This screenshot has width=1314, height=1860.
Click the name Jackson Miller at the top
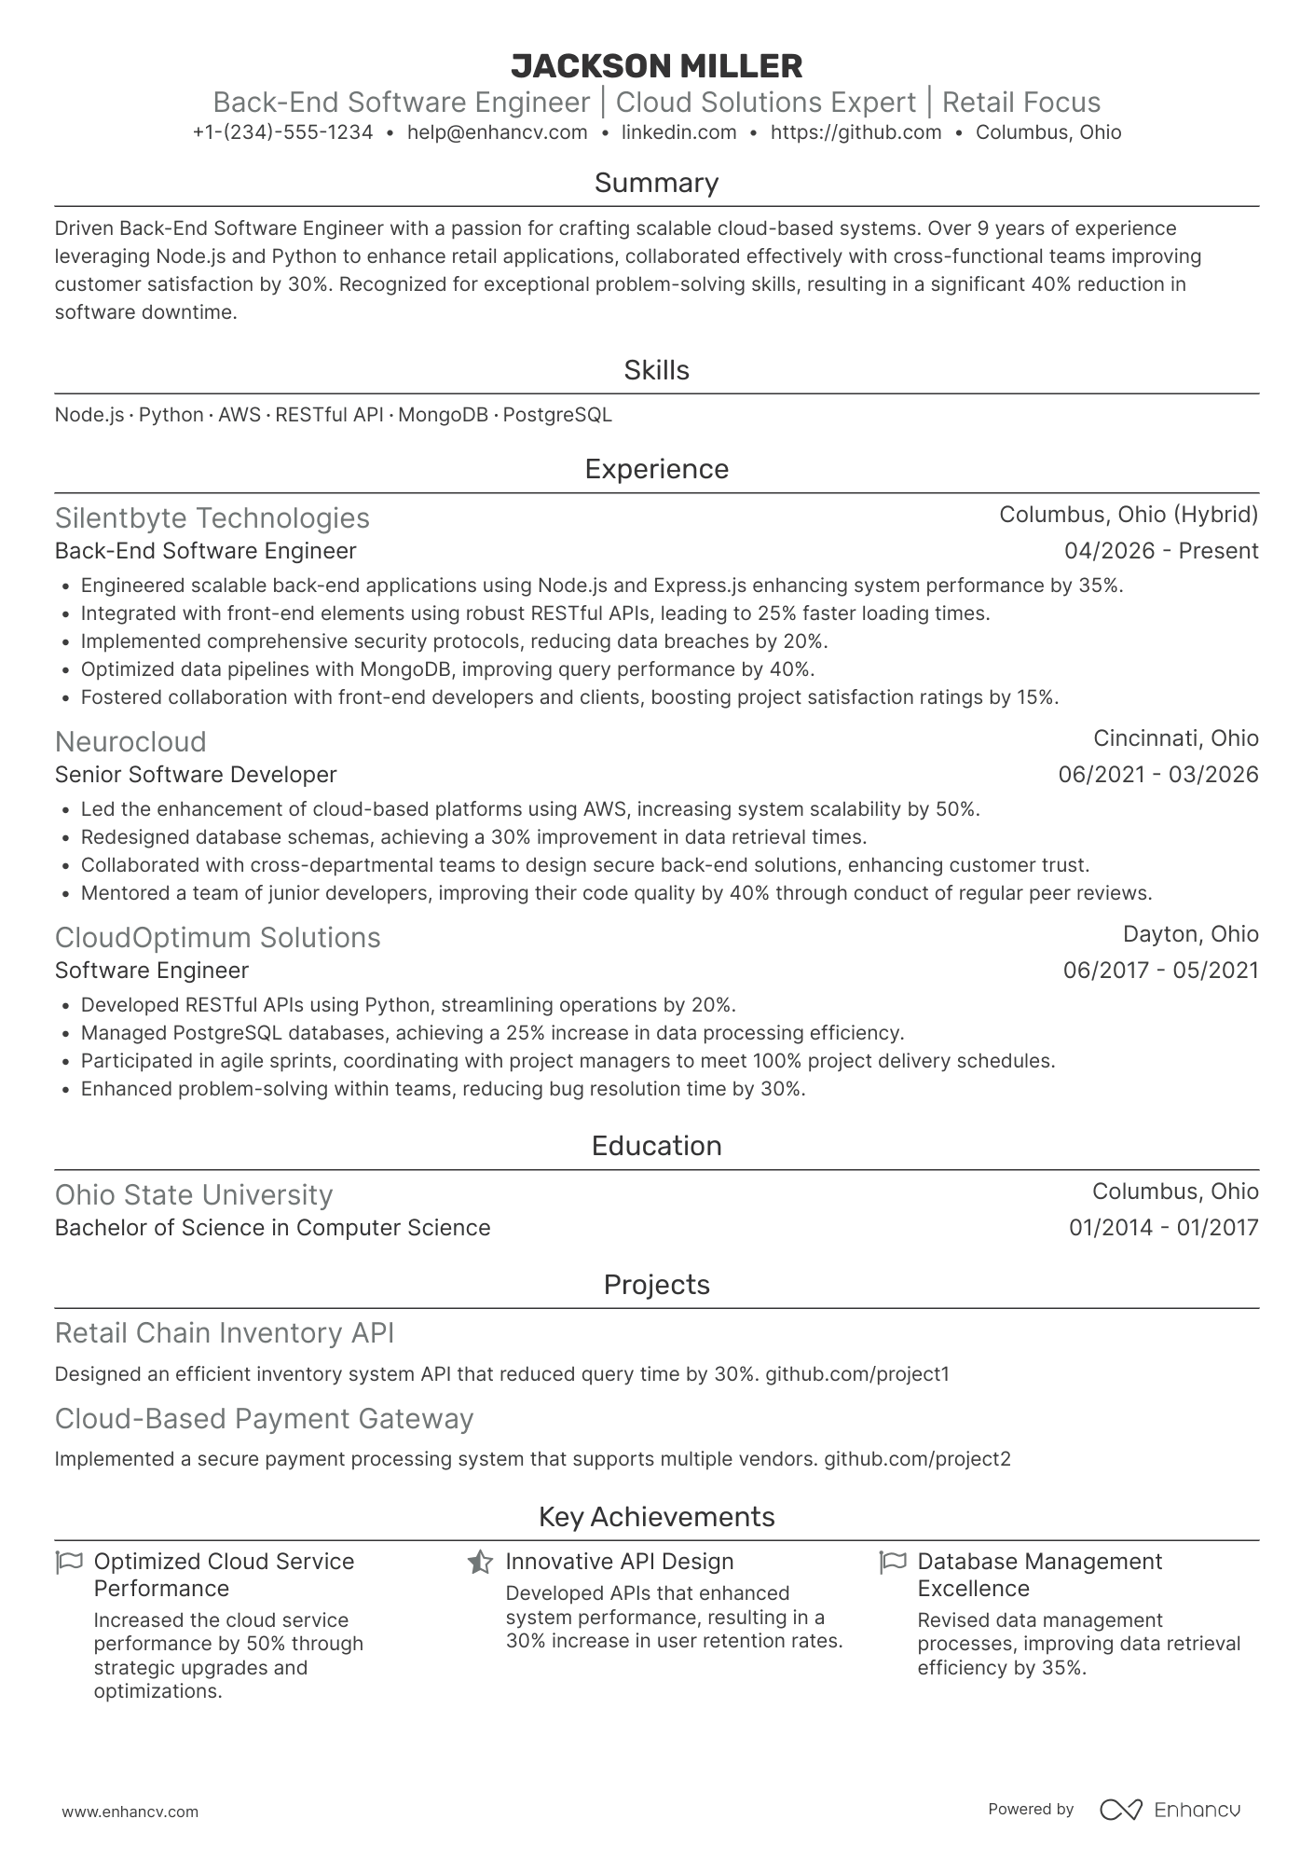[656, 66]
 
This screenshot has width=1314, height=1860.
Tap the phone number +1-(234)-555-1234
[282, 132]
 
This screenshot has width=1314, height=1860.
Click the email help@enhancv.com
[498, 132]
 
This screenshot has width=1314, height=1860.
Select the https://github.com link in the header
[855, 132]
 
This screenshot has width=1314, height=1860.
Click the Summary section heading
[656, 183]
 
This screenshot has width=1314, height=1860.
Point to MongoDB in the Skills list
[443, 415]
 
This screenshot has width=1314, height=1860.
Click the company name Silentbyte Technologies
[212, 518]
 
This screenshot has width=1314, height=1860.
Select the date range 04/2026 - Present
[1160, 551]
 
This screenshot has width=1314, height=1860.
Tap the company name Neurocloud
[130, 742]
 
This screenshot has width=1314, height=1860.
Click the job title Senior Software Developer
[196, 775]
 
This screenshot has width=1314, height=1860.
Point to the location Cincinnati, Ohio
[1175, 738]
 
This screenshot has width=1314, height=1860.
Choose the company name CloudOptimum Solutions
[218, 938]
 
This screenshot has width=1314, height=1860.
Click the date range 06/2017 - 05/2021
[1160, 971]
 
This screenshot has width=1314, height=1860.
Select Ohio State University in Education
[194, 1195]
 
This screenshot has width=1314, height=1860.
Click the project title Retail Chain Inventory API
[225, 1333]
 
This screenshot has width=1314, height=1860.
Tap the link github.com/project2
[917, 1459]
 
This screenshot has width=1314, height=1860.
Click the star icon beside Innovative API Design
[480, 1562]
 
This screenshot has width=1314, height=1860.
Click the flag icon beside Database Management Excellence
[893, 1562]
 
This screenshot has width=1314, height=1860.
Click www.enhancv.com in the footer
[130, 1812]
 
